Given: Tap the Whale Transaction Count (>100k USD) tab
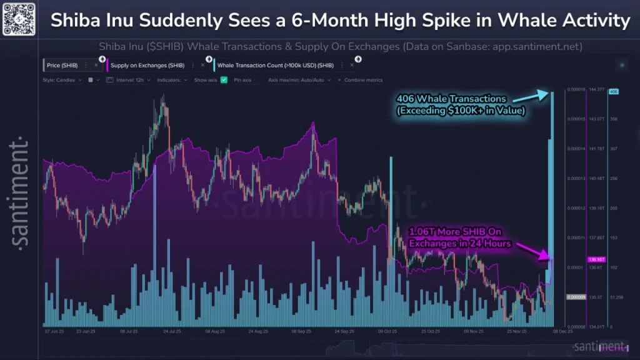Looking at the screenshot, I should point(275,65).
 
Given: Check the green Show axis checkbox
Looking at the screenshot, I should point(224,80).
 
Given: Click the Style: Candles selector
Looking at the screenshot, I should point(62,80).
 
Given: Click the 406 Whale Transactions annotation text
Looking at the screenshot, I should point(461,104).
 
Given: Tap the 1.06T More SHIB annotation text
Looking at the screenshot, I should point(460,237).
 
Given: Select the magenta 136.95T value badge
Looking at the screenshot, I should point(594,259).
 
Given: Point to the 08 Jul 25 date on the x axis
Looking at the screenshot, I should point(129,332).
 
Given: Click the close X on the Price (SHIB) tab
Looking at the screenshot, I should point(96,65).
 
